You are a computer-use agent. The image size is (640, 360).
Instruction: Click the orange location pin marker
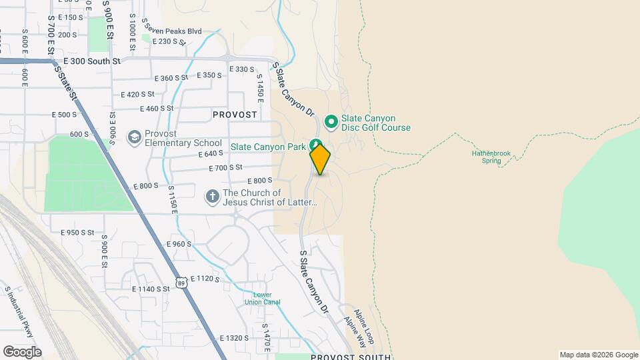pos(320,159)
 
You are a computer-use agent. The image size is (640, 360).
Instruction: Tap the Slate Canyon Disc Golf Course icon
pos(330,122)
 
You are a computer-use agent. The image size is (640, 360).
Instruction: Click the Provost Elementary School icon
pos(135,137)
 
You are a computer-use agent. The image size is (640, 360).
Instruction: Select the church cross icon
pos(212,197)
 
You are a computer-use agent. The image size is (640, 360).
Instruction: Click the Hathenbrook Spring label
pos(491,157)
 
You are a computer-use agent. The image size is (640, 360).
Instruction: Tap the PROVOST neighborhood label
pos(235,115)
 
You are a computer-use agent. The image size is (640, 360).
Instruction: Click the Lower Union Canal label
pos(267,298)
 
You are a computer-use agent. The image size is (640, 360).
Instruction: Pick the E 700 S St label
pos(225,167)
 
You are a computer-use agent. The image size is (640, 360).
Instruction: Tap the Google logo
pos(22,351)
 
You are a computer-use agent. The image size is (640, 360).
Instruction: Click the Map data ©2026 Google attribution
pos(599,355)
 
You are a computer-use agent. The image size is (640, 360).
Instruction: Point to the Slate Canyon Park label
pos(269,146)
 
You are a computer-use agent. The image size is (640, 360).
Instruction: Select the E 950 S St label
pos(78,233)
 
